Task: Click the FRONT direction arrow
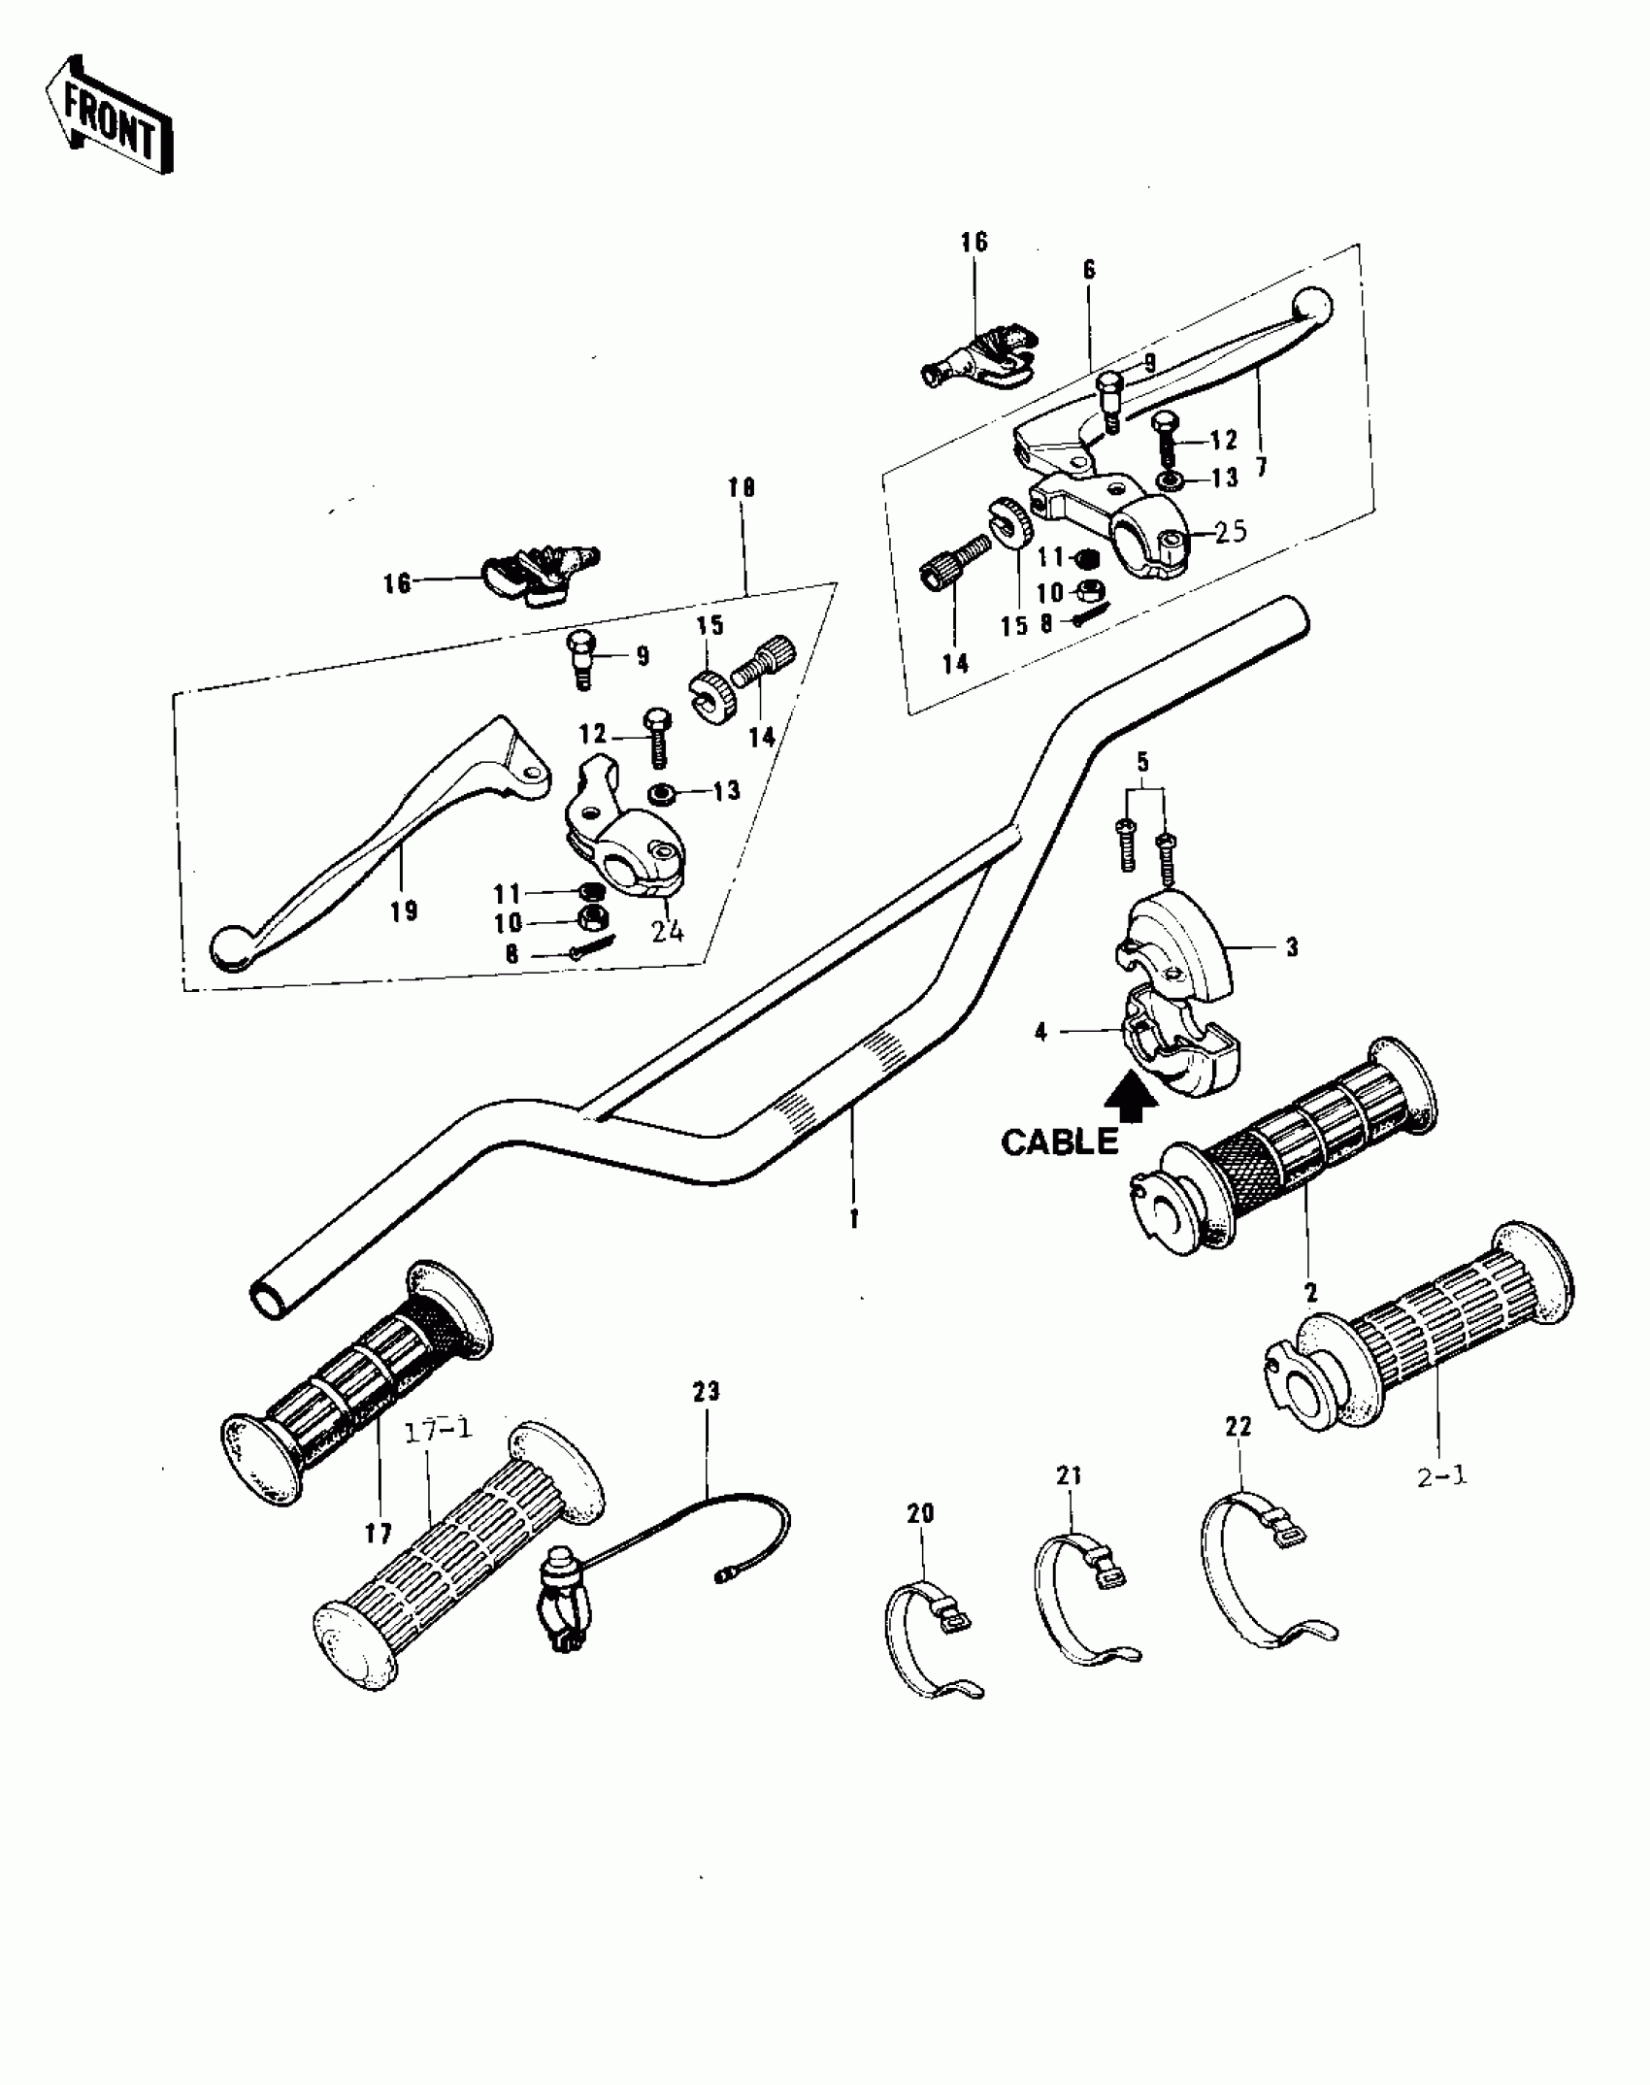[x=109, y=114]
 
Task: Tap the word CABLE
[x=1059, y=1142]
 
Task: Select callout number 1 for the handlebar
[x=854, y=1220]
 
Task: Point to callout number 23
[x=707, y=1391]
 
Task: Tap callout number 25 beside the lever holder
[x=1230, y=532]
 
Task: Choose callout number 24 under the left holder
[x=667, y=931]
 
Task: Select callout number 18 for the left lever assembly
[x=741, y=487]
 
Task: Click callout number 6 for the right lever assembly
[x=1089, y=270]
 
